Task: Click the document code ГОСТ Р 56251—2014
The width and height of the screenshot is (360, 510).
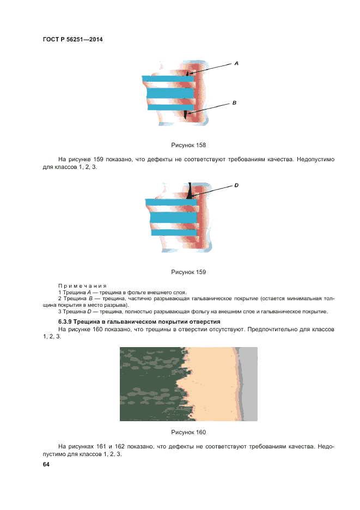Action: (x=72, y=40)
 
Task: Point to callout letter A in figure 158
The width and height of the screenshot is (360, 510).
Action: (x=236, y=64)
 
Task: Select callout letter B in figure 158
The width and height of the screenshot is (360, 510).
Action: (x=234, y=102)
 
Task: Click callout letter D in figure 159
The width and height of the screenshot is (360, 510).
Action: (x=236, y=185)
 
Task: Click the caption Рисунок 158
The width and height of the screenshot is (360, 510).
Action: (x=188, y=145)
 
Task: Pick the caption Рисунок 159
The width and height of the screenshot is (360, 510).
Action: (x=188, y=271)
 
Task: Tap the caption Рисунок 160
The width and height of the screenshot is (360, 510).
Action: (x=188, y=432)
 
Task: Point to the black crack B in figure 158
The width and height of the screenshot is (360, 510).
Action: (x=186, y=114)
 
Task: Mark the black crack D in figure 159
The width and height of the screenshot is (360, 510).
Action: (x=190, y=192)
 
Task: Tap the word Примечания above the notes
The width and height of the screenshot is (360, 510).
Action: (x=82, y=286)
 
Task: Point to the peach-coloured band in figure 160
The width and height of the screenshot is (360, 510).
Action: (x=212, y=384)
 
